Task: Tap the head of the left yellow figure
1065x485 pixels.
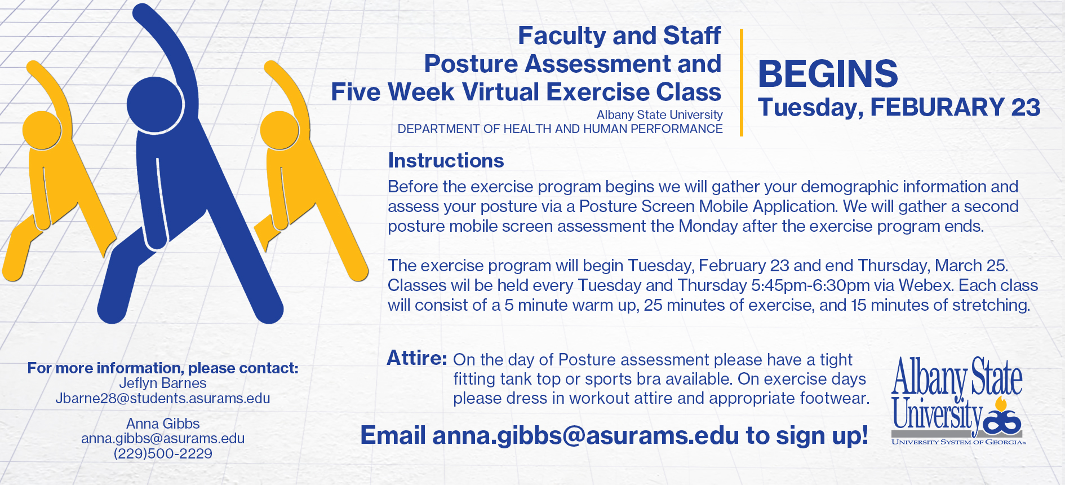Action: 42,130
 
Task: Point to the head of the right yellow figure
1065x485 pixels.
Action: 279,130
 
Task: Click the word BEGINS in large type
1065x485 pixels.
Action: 828,74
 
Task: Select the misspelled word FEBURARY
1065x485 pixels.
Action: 937,107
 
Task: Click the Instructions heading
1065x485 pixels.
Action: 446,161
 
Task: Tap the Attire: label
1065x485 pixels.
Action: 417,358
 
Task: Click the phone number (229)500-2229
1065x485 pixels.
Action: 163,453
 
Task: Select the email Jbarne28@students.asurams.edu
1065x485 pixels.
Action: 163,398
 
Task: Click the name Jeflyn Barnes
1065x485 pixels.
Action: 163,383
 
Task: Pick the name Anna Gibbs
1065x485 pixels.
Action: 163,424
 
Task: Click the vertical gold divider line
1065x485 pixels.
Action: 742,82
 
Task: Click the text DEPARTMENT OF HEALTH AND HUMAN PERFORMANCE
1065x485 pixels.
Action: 560,129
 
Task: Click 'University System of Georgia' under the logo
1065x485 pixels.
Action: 958,442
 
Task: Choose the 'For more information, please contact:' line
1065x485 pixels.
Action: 163,368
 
